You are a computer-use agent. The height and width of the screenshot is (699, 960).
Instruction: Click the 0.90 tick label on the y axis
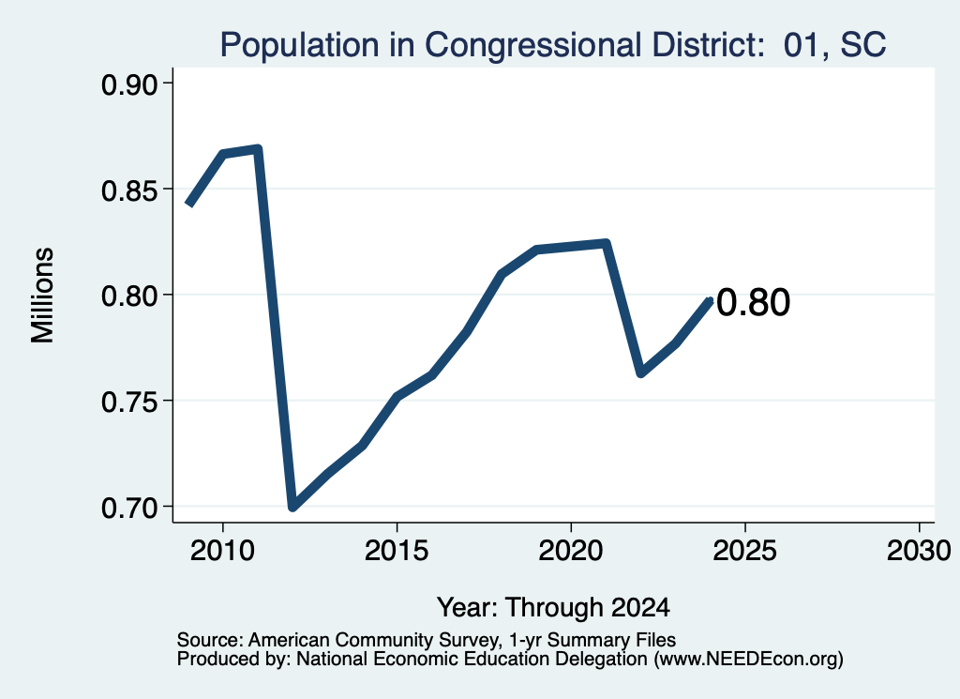(x=129, y=84)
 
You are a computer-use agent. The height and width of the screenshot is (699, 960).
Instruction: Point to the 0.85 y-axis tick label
(x=129, y=190)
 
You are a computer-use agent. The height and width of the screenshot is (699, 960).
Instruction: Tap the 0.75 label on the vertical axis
(x=129, y=403)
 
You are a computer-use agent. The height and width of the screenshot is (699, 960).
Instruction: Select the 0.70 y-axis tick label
(x=129, y=509)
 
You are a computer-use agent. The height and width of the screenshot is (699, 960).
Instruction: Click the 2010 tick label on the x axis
(x=222, y=551)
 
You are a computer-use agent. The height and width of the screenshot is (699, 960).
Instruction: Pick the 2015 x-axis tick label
(x=397, y=551)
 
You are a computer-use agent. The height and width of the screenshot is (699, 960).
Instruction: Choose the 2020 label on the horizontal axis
(x=571, y=551)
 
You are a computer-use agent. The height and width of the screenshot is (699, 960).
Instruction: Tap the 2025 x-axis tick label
(x=744, y=551)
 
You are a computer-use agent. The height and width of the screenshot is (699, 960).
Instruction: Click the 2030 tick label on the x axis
(x=919, y=551)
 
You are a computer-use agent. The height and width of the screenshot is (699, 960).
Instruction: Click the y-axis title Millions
(x=43, y=296)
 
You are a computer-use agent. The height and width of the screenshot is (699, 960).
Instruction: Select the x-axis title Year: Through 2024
(x=553, y=608)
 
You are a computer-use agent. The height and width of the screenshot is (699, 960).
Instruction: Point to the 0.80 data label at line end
(x=753, y=303)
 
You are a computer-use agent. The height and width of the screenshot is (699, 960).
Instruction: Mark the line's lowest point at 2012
(x=293, y=507)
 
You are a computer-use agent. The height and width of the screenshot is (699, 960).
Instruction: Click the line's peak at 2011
(x=258, y=149)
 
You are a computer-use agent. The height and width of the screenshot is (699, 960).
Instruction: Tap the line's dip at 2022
(x=641, y=372)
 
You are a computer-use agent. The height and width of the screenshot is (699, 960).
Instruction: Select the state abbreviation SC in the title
(x=863, y=45)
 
